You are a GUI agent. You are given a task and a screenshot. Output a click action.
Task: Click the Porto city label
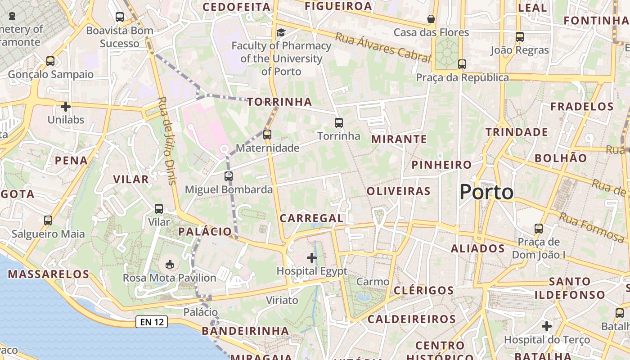point(486,192)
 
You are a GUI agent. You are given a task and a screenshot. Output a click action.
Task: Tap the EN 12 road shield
point(152,322)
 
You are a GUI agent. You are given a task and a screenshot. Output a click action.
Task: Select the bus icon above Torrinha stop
point(339,122)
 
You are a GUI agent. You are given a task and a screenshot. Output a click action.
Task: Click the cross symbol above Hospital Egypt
point(311,258)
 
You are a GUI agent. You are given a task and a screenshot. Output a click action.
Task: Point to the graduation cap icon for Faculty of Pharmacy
point(281,32)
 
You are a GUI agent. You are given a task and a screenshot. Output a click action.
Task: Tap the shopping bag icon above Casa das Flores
point(431,19)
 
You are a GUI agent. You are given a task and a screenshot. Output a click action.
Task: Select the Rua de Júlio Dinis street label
point(166,140)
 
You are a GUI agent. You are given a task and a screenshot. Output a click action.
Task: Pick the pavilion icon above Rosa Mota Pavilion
point(170,264)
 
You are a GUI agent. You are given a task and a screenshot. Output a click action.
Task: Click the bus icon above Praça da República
point(462,64)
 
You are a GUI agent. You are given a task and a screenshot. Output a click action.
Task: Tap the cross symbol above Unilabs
point(66,107)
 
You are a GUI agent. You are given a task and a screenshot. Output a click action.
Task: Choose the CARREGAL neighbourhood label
point(311,218)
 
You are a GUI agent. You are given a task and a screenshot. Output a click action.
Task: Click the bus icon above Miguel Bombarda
point(229,176)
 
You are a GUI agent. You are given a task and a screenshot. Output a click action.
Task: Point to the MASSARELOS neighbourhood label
point(49,274)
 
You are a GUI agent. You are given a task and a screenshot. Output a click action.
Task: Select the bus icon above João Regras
point(520,36)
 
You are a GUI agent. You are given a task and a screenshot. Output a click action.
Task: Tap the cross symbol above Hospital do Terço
point(547,326)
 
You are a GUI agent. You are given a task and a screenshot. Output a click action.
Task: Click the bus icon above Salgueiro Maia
point(48,220)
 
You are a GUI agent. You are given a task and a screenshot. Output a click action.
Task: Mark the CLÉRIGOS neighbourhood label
point(423,290)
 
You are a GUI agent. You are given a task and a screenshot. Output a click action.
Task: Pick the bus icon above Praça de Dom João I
point(539,228)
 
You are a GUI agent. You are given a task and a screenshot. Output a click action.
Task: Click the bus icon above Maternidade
point(267,134)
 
